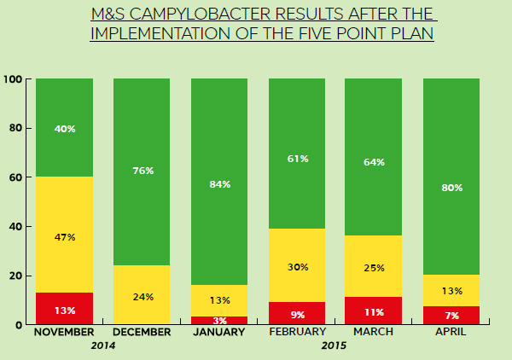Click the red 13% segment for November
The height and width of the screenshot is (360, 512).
pos(64,309)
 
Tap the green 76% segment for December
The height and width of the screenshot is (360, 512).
pos(142,171)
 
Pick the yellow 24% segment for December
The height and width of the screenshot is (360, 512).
pos(142,295)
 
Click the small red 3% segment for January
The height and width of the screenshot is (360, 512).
pos(219,321)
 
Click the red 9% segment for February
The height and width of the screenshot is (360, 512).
pos(297,313)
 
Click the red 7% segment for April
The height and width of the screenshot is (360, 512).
pos(451,316)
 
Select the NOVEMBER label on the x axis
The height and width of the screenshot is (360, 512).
pos(64,332)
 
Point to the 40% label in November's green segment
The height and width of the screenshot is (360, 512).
pos(64,129)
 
